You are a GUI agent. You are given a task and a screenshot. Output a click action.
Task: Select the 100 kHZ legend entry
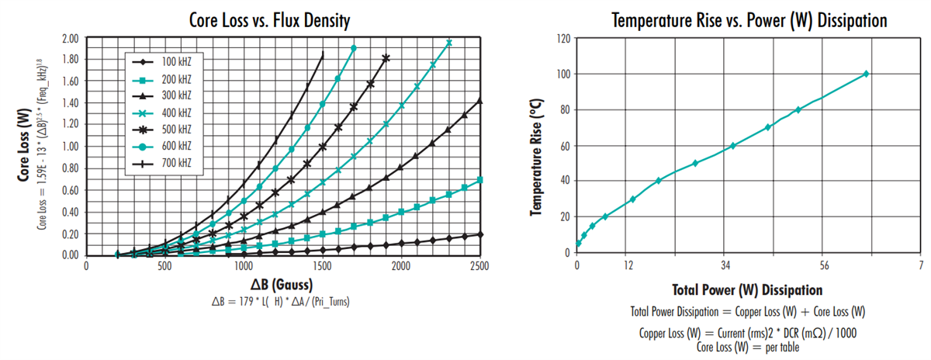click(x=168, y=61)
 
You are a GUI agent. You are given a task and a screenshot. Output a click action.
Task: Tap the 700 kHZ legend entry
click(x=168, y=163)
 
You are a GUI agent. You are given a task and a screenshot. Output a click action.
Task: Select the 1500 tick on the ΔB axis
click(x=322, y=265)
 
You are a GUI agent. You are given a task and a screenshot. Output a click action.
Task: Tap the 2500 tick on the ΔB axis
click(x=479, y=265)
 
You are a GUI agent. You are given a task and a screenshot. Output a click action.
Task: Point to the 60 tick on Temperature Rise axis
click(x=564, y=146)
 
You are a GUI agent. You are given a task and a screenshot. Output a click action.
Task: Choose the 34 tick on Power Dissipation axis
click(x=725, y=265)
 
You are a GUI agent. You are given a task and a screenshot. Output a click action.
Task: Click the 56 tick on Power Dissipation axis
click(x=824, y=265)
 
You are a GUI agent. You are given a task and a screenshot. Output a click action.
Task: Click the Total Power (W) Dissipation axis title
click(x=748, y=290)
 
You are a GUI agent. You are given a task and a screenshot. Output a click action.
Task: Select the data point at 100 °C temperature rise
click(x=866, y=74)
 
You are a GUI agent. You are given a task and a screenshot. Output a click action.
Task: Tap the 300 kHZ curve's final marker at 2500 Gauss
click(x=480, y=101)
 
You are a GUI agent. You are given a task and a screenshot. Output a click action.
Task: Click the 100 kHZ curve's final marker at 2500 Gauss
click(x=480, y=234)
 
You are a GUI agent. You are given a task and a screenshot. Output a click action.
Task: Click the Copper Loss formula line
click(x=748, y=331)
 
